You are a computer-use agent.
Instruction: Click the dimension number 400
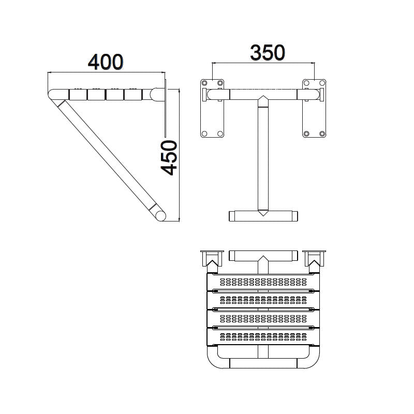106,62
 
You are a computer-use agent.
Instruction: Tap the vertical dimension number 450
169,157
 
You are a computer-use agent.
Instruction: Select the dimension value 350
267,52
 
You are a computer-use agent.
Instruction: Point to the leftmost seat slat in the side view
77,95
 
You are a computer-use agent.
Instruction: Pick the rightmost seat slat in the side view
133,95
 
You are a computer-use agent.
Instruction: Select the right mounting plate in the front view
315,108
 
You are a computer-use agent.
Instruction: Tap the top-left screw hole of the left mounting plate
205,83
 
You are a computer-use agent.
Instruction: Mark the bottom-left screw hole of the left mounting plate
205,134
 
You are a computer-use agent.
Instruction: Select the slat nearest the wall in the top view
263,282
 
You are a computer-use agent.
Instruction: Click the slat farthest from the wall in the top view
263,336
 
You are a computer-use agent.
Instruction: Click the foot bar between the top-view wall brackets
263,256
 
